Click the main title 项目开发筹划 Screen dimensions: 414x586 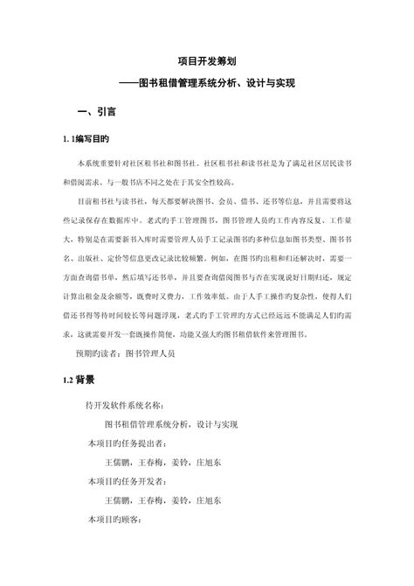[x=208, y=60]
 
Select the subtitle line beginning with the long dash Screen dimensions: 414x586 [x=208, y=83]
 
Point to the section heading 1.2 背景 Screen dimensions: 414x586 [x=77, y=381]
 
